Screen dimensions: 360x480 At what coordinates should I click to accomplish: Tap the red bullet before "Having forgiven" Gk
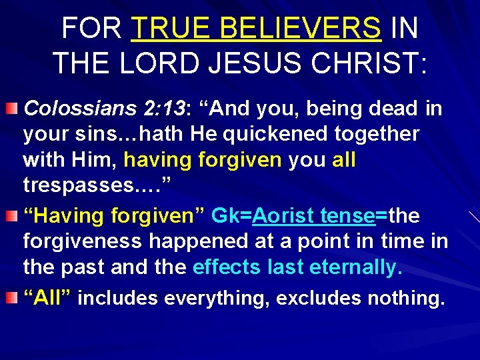[13, 215]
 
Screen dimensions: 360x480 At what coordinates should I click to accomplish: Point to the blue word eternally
[355, 267]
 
